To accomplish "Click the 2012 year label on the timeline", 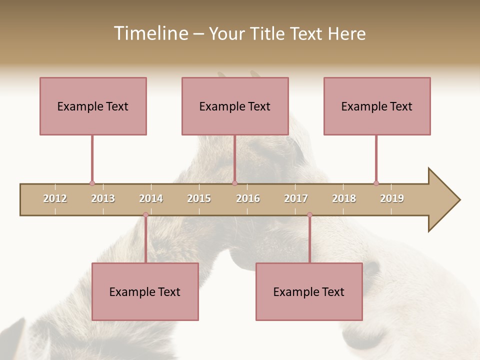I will [x=55, y=198].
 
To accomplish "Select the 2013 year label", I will [x=103, y=198].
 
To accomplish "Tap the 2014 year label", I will [x=151, y=198].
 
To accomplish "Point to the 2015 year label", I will [x=199, y=198].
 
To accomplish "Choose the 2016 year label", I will [x=248, y=198].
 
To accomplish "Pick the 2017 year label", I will [x=296, y=198].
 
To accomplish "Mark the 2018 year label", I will [x=344, y=198].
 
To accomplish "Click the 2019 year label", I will [x=392, y=198].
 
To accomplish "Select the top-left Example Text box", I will [x=93, y=106].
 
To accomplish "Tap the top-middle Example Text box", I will [x=235, y=106].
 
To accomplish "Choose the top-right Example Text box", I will [x=377, y=106].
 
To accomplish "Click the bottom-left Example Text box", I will [x=145, y=291].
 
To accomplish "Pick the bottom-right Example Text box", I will [x=309, y=291].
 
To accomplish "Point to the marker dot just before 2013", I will [x=92, y=183].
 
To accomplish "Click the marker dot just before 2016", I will [x=235, y=183].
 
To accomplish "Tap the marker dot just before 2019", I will [x=376, y=183].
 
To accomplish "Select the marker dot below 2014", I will [x=145, y=215].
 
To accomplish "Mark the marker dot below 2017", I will [x=309, y=215].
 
